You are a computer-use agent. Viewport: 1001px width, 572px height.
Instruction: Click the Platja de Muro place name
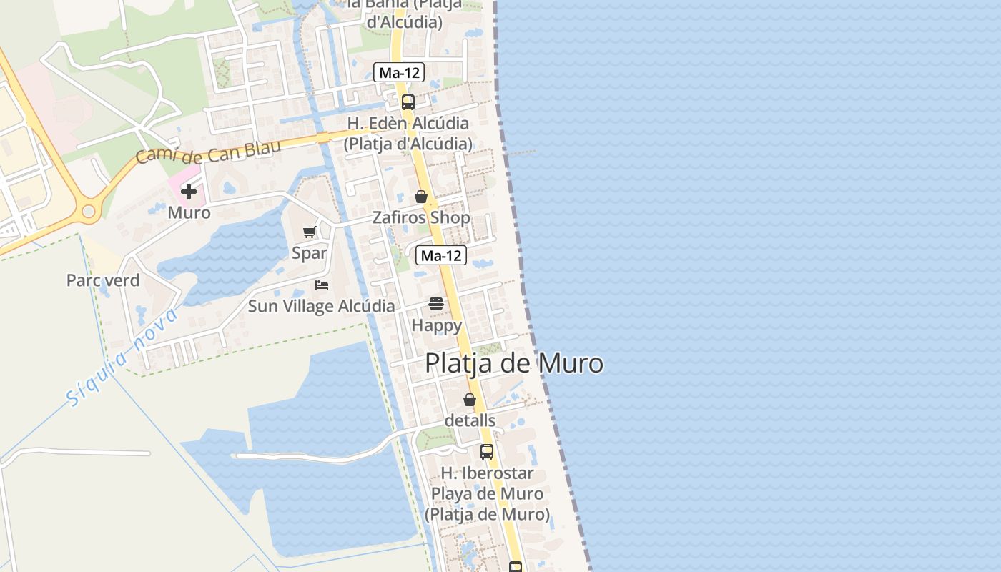(x=514, y=363)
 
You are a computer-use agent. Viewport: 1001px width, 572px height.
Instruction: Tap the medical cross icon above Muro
(x=189, y=192)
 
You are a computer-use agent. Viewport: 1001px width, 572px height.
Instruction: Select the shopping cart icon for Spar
(x=310, y=232)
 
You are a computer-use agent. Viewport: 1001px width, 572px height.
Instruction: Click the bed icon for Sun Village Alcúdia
(x=322, y=285)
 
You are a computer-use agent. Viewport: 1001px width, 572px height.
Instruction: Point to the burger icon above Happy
(x=436, y=304)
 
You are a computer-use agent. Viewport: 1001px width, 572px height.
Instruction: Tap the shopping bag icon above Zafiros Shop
(x=421, y=197)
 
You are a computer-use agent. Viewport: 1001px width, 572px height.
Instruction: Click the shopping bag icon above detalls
(x=470, y=400)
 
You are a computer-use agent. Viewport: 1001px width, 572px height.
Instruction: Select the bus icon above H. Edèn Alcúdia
(x=408, y=102)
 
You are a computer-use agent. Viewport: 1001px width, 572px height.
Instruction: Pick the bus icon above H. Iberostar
(x=487, y=452)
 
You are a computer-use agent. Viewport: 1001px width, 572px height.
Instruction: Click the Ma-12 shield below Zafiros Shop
(x=441, y=255)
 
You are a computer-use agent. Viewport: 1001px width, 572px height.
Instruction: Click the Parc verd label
(x=103, y=280)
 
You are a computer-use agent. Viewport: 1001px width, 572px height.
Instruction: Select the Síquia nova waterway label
(x=122, y=357)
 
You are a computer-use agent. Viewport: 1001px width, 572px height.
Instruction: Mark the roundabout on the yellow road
(x=89, y=211)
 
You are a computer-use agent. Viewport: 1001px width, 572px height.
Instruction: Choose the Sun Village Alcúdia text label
(x=321, y=306)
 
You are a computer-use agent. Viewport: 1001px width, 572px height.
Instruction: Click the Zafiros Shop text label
(x=421, y=217)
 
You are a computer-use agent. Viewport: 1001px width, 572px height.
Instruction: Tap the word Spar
(x=310, y=252)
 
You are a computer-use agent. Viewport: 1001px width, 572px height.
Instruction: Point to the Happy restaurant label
(x=436, y=325)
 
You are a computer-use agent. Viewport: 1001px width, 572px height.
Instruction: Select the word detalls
(x=470, y=420)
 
